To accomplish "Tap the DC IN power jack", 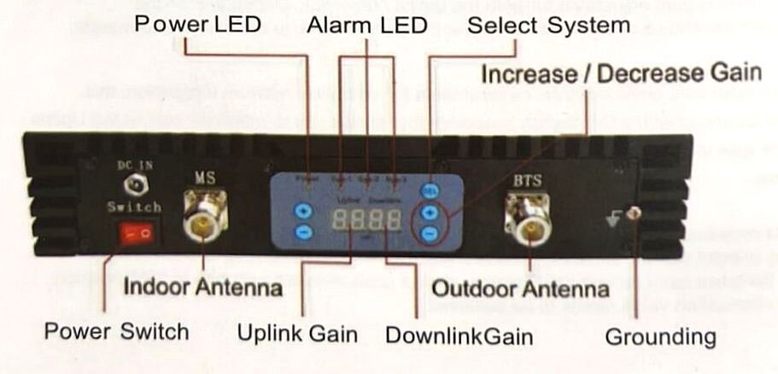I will [x=134, y=184].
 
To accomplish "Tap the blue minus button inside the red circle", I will [x=430, y=231].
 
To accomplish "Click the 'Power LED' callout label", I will [x=197, y=24].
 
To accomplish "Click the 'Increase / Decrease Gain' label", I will [x=621, y=74].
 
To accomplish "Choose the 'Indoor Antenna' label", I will [x=202, y=287].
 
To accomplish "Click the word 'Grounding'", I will [x=660, y=336].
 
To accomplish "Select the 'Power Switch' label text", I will [x=116, y=330].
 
